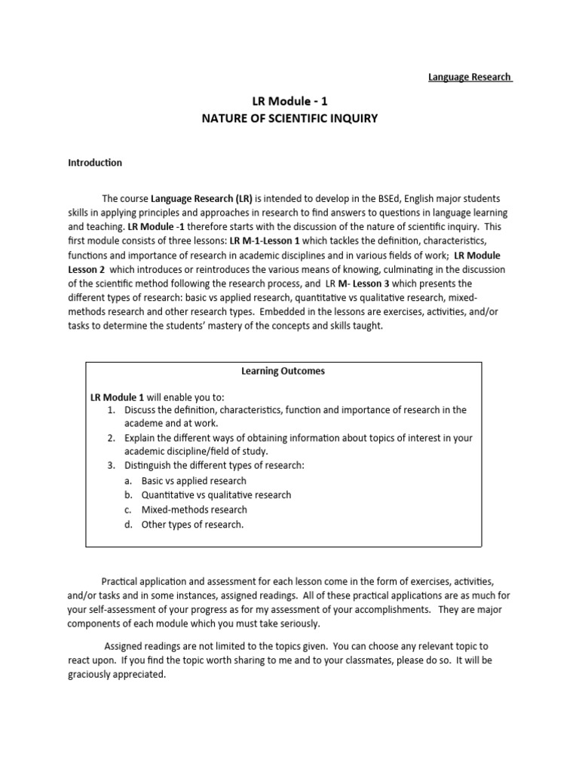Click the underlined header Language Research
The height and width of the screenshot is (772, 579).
(470, 77)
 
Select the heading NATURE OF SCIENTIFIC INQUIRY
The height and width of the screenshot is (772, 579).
(289, 118)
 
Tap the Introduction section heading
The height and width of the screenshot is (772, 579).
(95, 162)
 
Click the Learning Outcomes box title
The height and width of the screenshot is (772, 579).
(283, 371)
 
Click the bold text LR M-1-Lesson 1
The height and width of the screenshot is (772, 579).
(258, 240)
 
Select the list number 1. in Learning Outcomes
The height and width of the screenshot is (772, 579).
(111, 409)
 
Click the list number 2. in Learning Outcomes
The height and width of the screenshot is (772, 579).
(111, 437)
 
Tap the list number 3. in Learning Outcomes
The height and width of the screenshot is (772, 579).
(111, 466)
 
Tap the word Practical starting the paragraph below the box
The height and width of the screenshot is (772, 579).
(123, 581)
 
